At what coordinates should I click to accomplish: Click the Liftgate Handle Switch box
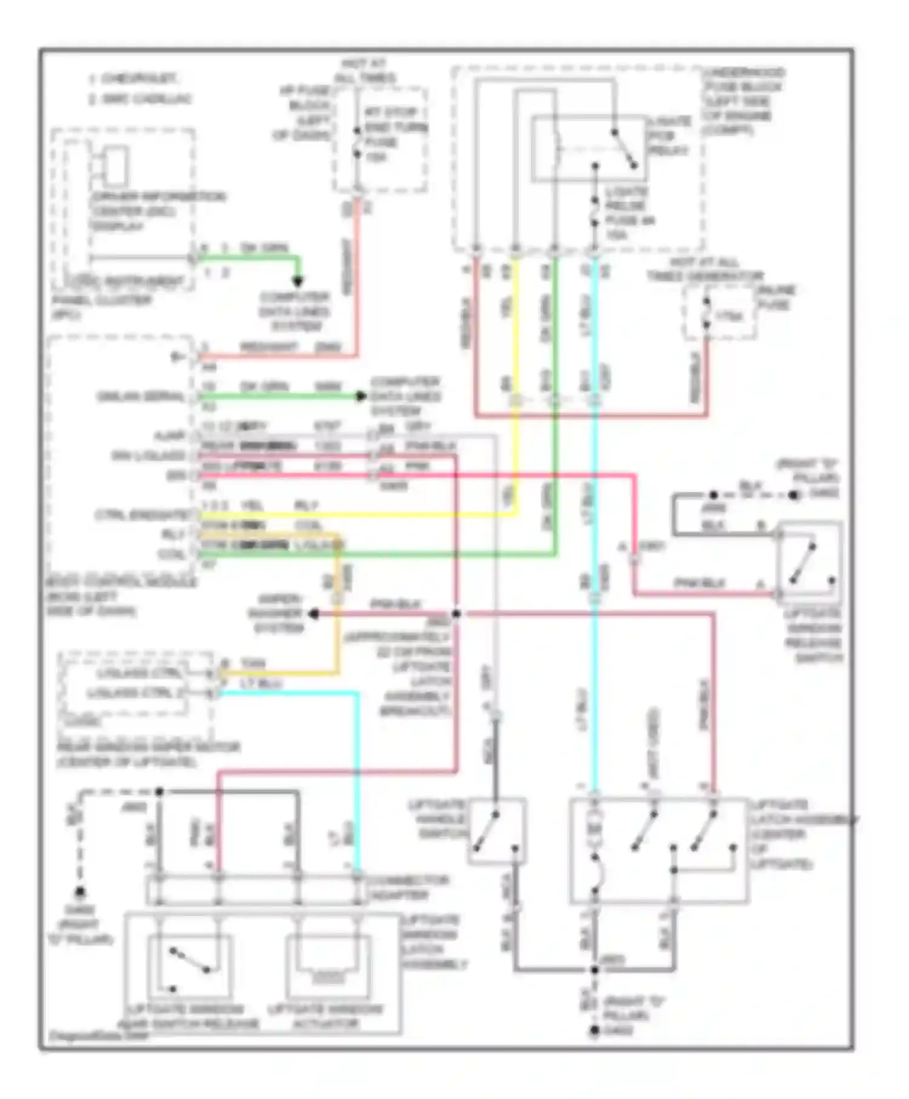496,831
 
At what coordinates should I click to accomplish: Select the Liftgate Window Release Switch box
810,559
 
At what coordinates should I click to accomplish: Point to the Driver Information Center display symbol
115,165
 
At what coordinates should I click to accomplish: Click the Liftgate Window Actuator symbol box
328,966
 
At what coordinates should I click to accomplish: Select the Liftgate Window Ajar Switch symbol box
189,966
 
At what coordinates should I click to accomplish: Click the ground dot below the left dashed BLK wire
79,892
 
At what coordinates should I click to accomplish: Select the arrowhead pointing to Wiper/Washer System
314,614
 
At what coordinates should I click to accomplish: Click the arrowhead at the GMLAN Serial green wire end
361,396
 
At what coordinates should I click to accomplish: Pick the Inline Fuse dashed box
720,313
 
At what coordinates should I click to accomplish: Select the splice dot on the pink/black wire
456,614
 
